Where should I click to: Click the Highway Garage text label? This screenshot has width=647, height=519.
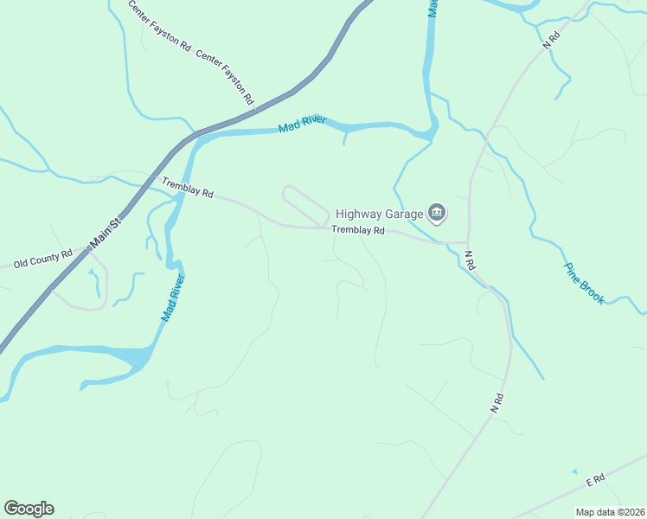coord(379,214)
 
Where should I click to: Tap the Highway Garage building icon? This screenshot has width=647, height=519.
coord(437,213)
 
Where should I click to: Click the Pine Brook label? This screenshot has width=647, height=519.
coord(584,284)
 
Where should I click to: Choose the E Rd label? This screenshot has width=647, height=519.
coord(593,479)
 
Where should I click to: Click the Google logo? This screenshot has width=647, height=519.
coord(29,509)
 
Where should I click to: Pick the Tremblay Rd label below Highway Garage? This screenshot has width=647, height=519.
coord(358,230)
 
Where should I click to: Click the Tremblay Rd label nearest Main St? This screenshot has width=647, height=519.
coord(188,188)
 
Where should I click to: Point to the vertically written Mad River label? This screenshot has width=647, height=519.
coord(173,298)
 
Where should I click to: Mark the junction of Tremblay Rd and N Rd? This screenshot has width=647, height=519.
coord(468,243)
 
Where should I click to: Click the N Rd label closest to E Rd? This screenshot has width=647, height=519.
coord(496,402)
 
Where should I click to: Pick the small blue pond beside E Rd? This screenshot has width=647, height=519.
coord(573,471)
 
